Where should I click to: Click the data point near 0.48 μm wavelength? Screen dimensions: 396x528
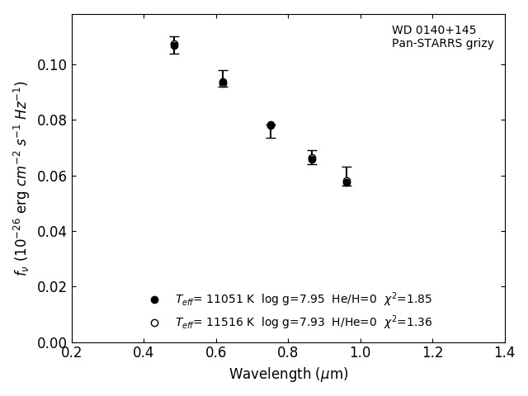174,45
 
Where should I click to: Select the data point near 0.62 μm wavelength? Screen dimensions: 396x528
223,82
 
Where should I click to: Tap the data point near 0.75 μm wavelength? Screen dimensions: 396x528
271,125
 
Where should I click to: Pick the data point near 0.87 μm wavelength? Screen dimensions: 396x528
312,158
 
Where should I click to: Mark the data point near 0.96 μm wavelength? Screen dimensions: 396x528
346,181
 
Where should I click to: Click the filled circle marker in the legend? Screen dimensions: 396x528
154,299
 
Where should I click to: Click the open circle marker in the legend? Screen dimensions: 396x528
154,323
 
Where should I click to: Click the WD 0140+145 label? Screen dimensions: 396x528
434,31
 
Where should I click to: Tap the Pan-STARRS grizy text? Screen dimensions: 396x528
442,44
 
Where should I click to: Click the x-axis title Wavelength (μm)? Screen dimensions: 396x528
288,375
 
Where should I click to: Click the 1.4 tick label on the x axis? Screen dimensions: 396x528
504,353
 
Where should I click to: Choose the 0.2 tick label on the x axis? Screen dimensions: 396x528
72,353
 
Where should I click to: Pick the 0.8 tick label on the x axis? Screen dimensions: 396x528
288,353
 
